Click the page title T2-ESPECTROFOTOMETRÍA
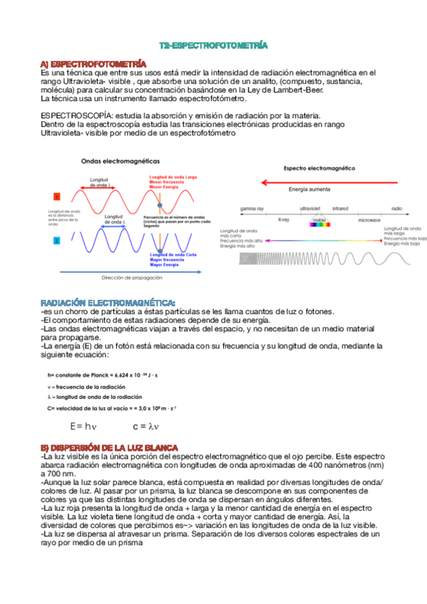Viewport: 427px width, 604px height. (x=213, y=45)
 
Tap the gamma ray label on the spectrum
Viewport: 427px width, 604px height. (x=252, y=209)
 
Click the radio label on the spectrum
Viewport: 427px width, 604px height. (x=396, y=209)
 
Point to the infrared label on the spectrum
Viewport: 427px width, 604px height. (x=340, y=209)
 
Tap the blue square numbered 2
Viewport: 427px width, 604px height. (x=56, y=241)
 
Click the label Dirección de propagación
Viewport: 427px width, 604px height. (x=133, y=277)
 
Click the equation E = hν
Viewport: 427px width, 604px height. (x=83, y=427)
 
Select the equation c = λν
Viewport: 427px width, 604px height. (x=145, y=427)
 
